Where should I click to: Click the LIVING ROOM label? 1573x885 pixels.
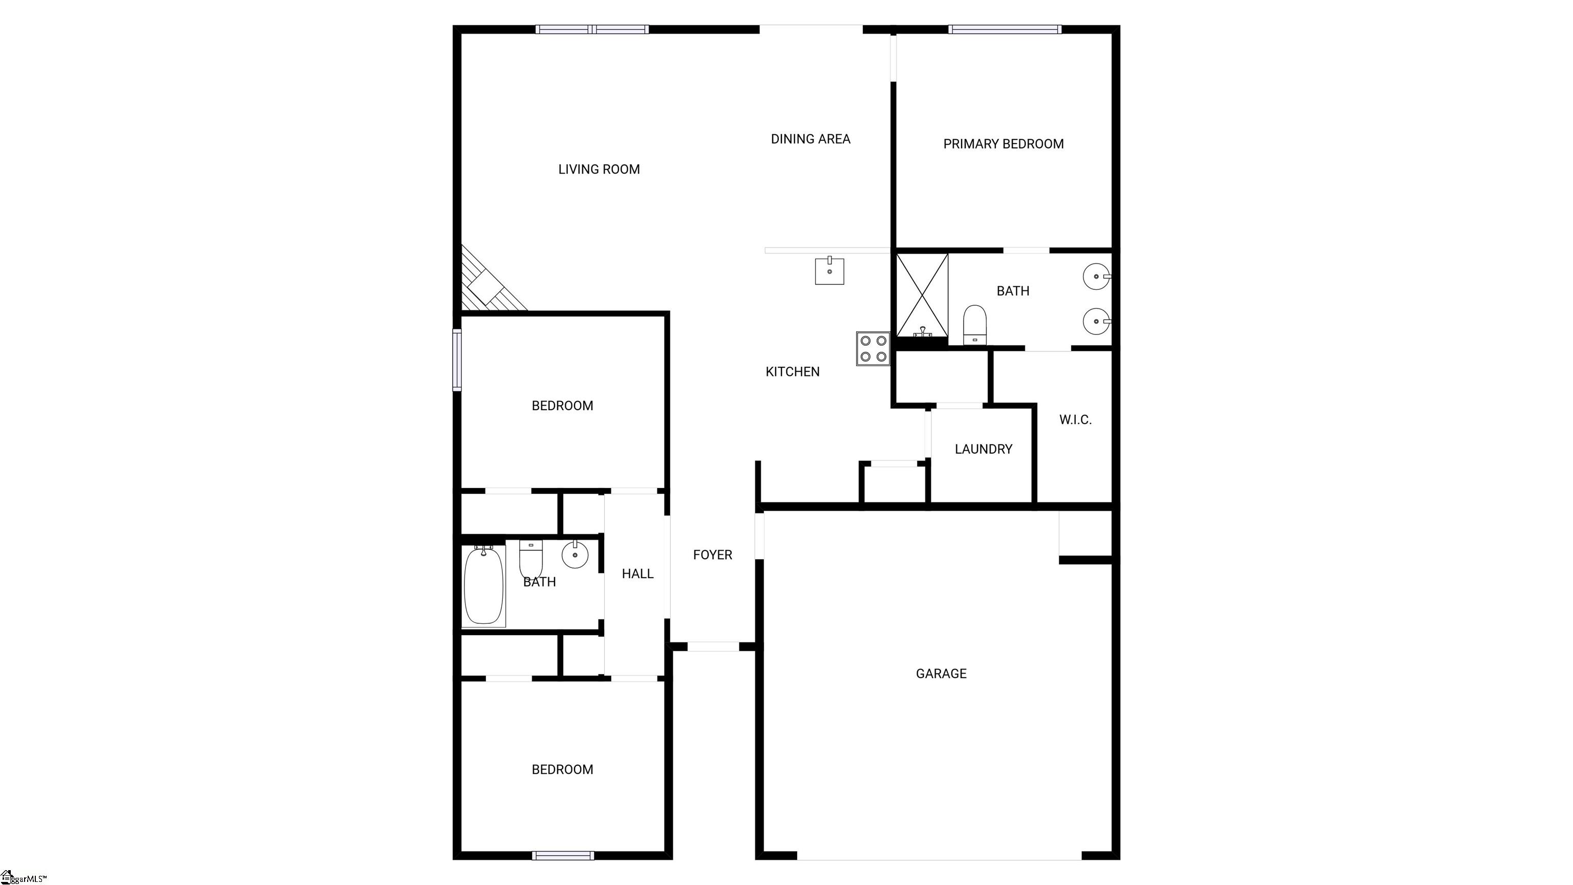click(599, 169)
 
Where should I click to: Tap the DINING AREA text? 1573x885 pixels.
click(811, 139)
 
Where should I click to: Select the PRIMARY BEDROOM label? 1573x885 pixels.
click(1003, 144)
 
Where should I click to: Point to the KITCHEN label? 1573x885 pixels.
click(793, 371)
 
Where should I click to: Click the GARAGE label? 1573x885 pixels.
click(941, 673)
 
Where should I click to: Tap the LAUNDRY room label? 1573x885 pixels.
click(983, 450)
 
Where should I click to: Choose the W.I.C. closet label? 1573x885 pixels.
click(1075, 419)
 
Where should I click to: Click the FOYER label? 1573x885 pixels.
click(713, 555)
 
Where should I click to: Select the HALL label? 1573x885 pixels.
click(637, 574)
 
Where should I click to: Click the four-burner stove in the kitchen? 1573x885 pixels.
click(873, 349)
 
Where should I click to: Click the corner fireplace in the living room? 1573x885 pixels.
click(488, 282)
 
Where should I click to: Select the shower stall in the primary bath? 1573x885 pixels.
click(922, 295)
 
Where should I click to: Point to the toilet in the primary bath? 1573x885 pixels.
click(974, 325)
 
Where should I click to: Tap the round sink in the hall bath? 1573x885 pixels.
click(575, 555)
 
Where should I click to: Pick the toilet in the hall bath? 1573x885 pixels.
click(530, 559)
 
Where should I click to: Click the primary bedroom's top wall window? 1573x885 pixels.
click(1005, 29)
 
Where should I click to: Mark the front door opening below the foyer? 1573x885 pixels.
click(713, 647)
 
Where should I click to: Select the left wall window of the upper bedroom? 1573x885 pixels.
click(457, 360)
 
